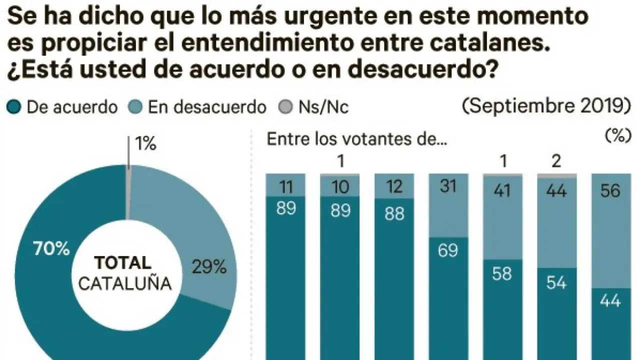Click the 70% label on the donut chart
tap(52, 248)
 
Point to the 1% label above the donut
tap(145, 144)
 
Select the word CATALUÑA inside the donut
tap(125, 284)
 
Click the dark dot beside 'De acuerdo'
tap(14, 107)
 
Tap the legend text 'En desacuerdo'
tap(207, 107)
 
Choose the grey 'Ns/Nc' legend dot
tap(285, 107)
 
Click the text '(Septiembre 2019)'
tap(545, 106)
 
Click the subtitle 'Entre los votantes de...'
tap(357, 139)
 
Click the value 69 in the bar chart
tap(447, 249)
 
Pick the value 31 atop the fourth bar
tap(448, 186)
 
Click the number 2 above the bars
tap(556, 161)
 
